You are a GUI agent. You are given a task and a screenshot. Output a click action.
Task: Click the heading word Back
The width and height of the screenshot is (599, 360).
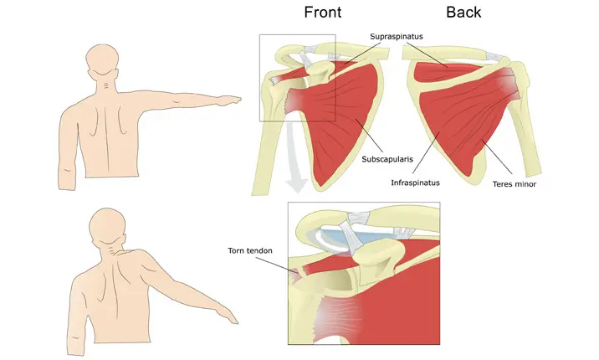coord(463,13)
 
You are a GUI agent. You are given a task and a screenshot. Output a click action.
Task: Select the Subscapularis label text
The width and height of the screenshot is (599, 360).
coord(387,158)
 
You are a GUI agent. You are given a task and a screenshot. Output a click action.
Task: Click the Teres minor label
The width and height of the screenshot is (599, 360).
coord(514,183)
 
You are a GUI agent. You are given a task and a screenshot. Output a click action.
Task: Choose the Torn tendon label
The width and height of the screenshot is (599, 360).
coord(249,250)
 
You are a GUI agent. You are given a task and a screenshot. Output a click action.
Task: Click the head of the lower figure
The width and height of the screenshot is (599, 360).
coord(108,224)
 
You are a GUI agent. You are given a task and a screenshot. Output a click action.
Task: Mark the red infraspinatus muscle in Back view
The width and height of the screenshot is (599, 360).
coord(456,117)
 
